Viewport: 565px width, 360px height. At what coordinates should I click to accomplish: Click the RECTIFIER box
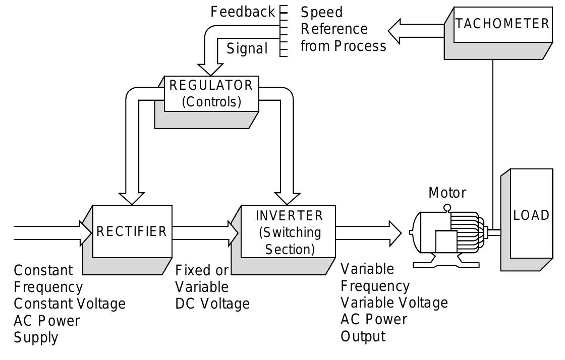click(132, 231)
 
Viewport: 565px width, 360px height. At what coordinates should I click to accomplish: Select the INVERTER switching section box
click(288, 232)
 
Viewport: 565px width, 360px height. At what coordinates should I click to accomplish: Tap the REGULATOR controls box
click(211, 93)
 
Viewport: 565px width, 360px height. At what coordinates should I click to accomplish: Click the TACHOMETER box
click(502, 24)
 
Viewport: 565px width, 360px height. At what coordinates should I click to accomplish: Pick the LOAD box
click(531, 215)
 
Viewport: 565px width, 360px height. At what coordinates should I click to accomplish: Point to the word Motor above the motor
click(447, 193)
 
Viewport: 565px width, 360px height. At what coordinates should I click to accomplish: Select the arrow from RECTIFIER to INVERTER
click(204, 232)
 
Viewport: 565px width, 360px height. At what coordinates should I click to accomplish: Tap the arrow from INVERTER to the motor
click(368, 232)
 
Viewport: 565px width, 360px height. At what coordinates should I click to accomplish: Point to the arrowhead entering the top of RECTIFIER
click(132, 198)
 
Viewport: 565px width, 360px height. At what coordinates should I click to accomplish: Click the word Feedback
click(243, 12)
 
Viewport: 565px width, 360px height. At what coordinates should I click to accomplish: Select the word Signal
click(247, 49)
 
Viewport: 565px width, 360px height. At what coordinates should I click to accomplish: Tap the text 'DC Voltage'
click(212, 304)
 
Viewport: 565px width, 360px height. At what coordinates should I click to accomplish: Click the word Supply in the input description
click(35, 337)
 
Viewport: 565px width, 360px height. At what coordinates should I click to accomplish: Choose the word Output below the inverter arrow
click(363, 336)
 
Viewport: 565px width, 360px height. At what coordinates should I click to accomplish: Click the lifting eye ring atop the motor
click(447, 208)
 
